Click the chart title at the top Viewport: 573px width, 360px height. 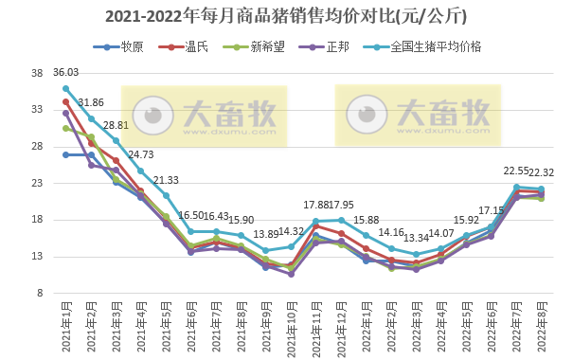285,17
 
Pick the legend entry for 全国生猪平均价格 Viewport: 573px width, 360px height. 435,46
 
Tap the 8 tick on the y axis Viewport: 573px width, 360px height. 39,293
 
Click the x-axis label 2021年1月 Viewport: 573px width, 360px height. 63,323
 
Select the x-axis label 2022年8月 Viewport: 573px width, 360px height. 539,323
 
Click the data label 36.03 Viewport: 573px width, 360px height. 65,72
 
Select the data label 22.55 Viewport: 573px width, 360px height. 515,171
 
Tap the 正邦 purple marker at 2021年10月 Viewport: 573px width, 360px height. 291,274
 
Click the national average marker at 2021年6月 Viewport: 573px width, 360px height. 191,231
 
